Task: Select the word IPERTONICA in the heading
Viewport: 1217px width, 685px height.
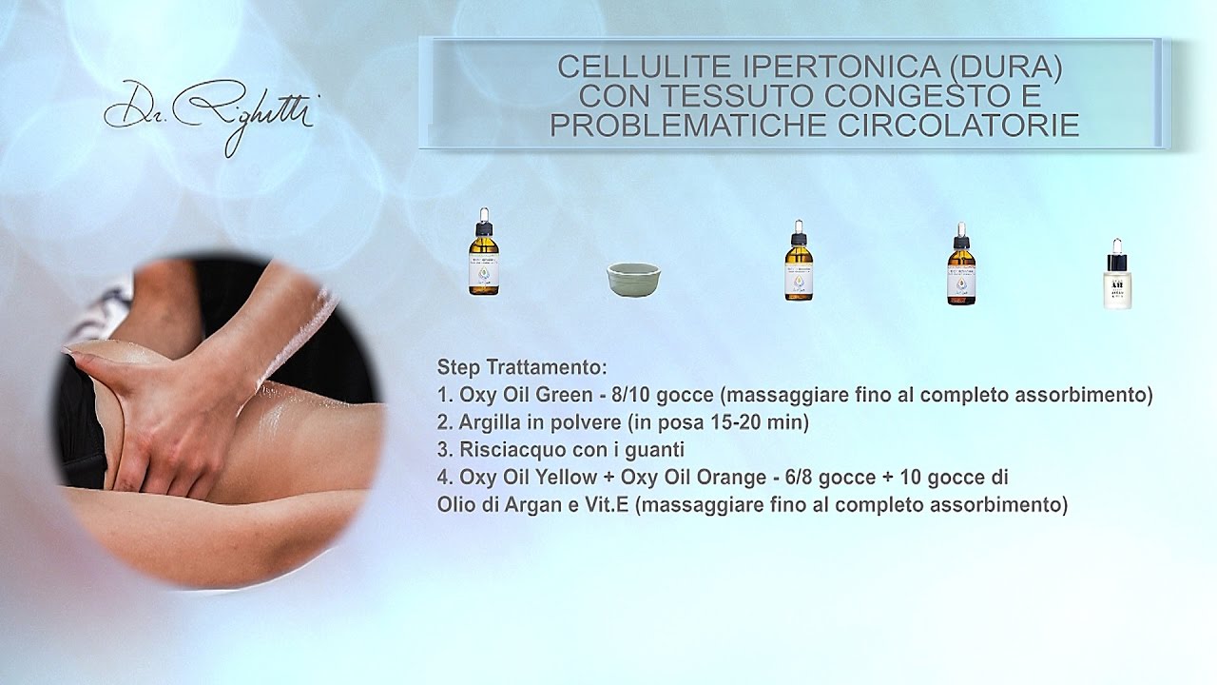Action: (x=803, y=68)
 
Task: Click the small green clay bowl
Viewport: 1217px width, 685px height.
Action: (x=633, y=280)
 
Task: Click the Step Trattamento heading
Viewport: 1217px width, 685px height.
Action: (x=521, y=367)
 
